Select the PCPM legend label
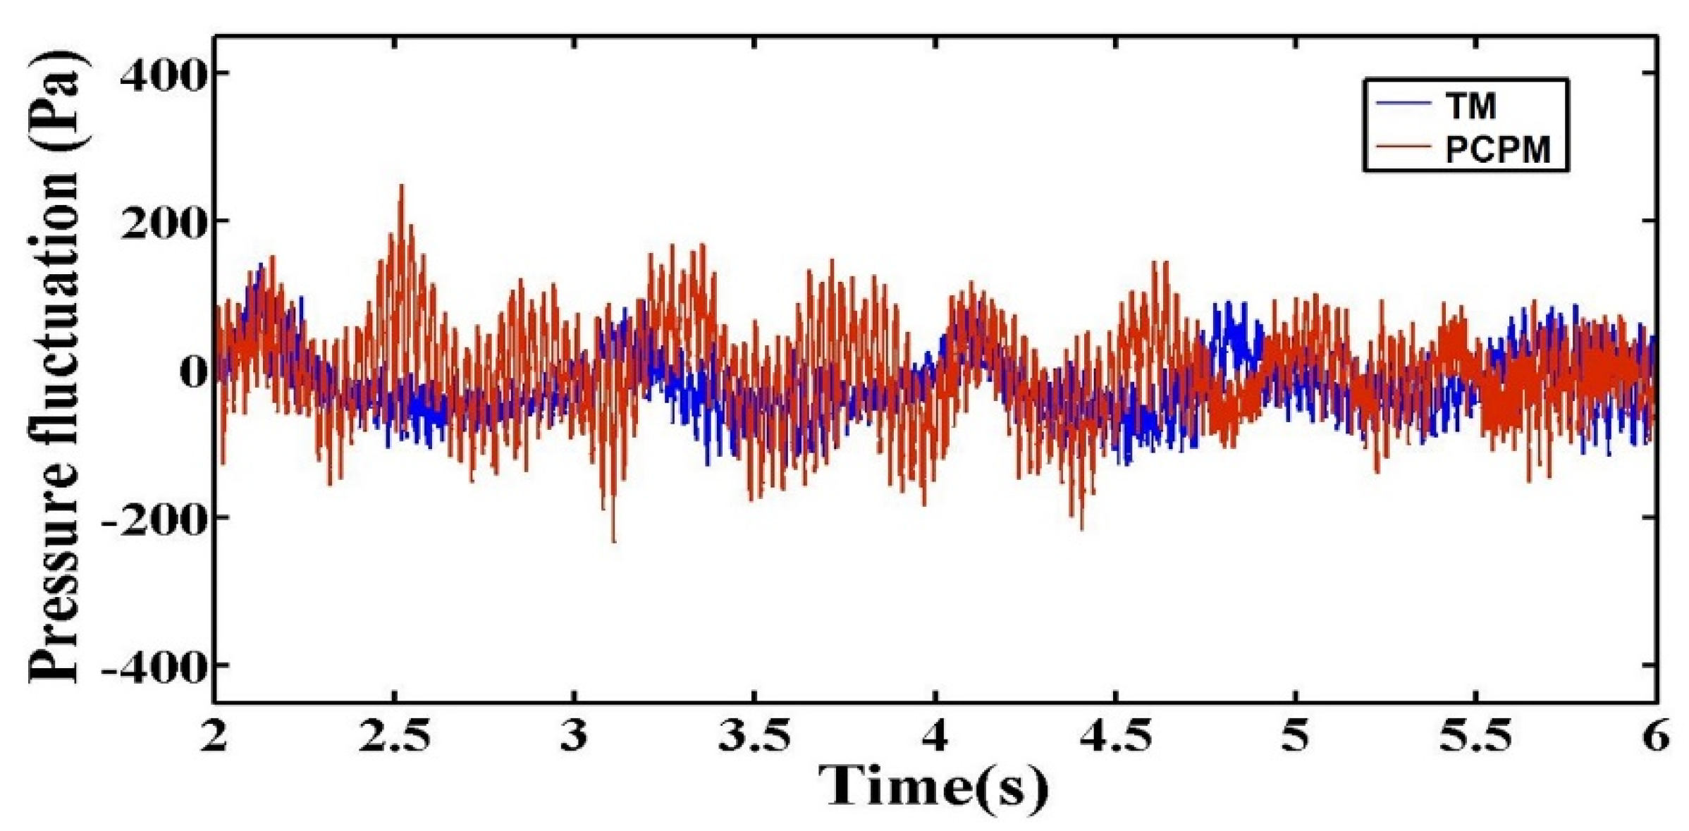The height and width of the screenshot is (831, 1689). click(x=1497, y=149)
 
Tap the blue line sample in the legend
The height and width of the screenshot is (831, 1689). click(x=1403, y=104)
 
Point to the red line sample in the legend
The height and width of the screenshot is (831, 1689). click(x=1403, y=147)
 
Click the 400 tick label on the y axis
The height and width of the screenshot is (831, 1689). click(x=164, y=75)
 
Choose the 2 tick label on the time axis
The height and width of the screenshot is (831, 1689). click(x=214, y=736)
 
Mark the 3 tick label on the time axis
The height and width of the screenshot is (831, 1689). click(x=575, y=736)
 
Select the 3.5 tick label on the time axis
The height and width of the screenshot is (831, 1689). click(x=755, y=736)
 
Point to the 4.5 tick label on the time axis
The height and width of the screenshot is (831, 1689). click(x=1115, y=736)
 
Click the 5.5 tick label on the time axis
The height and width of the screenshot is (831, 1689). click(x=1475, y=736)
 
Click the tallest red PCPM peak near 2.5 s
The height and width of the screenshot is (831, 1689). click(x=402, y=186)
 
